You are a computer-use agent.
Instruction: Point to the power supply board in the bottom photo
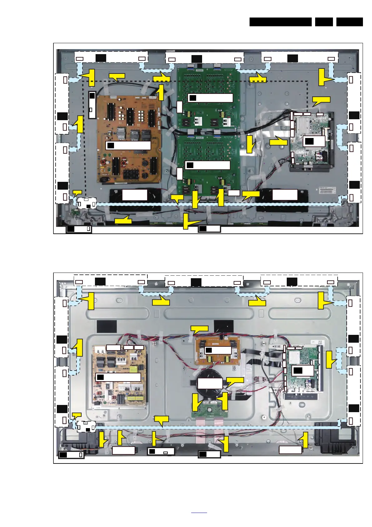click(119, 391)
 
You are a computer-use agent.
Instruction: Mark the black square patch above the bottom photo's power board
click(107, 326)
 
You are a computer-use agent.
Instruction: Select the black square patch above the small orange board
click(224, 326)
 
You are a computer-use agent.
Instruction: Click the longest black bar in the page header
click(280, 22)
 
